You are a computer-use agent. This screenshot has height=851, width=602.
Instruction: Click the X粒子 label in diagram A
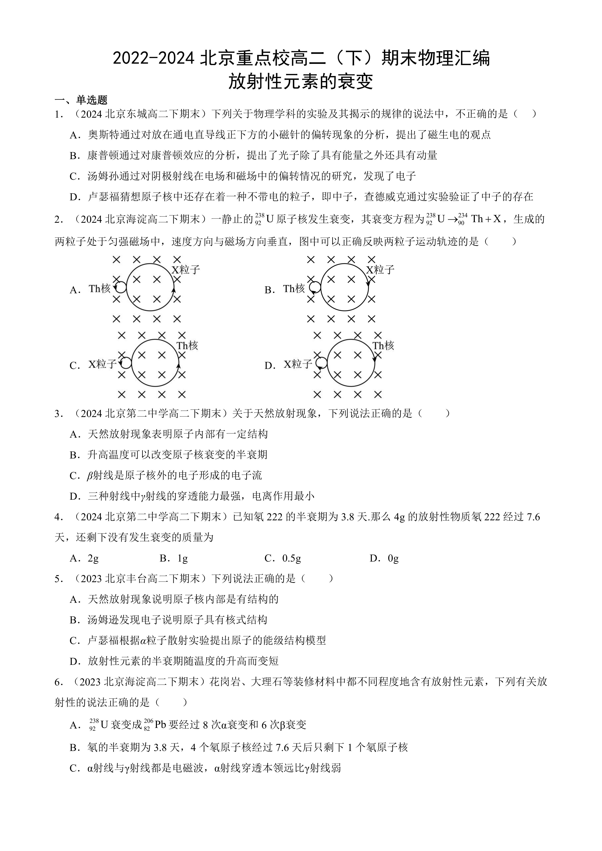185,269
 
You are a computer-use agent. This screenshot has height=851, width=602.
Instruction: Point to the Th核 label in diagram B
294,288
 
